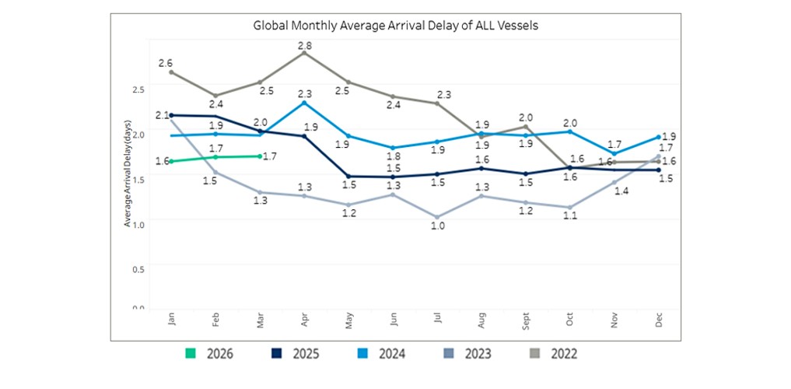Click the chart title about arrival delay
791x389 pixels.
click(x=396, y=26)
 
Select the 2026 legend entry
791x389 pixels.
click(x=209, y=354)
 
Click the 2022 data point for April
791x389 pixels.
click(x=304, y=53)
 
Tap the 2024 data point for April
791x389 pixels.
click(x=304, y=102)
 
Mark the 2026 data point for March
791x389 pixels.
click(x=260, y=156)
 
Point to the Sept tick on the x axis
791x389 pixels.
click(x=526, y=321)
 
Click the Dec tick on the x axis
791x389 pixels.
click(x=659, y=321)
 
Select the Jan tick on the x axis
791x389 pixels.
click(x=171, y=321)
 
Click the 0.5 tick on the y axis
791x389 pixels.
click(x=138, y=269)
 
